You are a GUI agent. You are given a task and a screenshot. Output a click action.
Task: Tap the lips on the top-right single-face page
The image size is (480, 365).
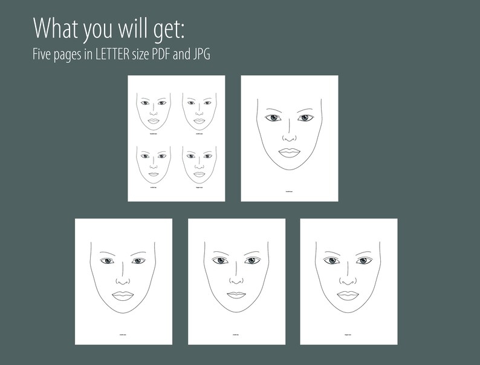tap(290, 152)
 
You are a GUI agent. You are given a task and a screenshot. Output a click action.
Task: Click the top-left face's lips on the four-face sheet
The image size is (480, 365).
tap(154, 121)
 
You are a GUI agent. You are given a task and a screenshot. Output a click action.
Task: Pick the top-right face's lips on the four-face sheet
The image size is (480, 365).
tap(199, 121)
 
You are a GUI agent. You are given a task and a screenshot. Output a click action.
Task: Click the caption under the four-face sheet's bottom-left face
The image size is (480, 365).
tap(154, 188)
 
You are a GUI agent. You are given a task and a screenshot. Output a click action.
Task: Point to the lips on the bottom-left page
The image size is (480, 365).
tap(123, 295)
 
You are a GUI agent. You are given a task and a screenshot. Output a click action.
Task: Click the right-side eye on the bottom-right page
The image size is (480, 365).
tap(363, 261)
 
